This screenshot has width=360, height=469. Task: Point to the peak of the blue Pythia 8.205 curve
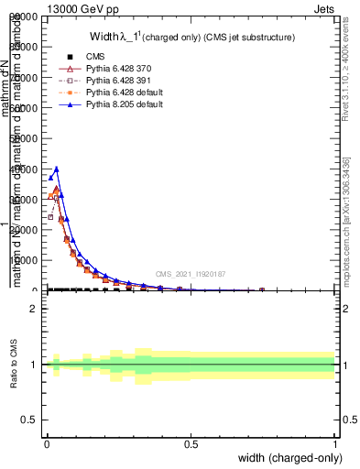click(57, 169)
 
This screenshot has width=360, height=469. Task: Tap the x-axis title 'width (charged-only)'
click(290, 458)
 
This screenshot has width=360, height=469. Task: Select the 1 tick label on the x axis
click(335, 444)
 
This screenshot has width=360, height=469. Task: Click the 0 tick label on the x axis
click(47, 444)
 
